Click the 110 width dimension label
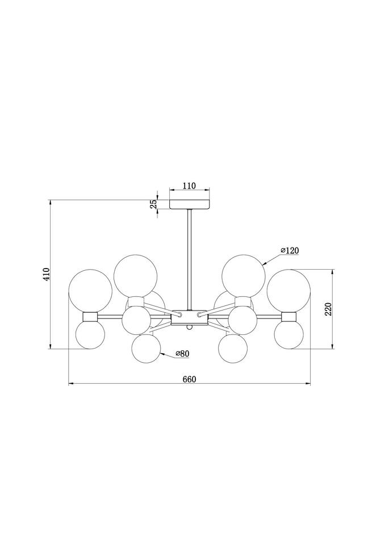pos(190,186)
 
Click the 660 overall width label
pos(190,379)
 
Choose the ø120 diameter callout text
pos(290,250)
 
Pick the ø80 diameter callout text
pos(182,354)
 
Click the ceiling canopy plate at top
pos(190,204)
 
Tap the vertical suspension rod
pos(189,259)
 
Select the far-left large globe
pos(90,291)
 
